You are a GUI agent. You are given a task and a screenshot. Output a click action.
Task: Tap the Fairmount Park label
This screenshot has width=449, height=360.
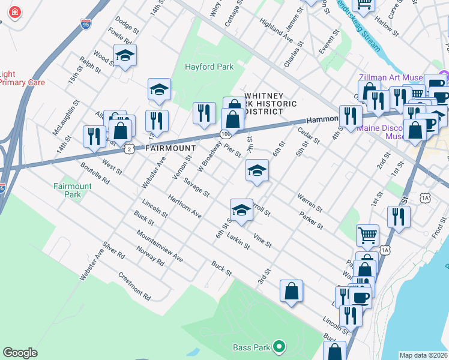(x=72, y=190)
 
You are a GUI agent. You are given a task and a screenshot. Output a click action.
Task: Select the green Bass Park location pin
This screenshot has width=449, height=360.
(x=278, y=346)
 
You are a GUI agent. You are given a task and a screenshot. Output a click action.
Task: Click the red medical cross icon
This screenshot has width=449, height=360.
(x=13, y=12)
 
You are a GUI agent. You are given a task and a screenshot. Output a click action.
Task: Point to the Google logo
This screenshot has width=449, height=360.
(x=20, y=353)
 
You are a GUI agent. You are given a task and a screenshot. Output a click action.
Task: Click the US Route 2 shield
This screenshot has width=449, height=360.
(x=129, y=148)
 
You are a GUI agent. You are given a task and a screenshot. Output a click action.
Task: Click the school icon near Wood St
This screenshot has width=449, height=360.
(x=125, y=56)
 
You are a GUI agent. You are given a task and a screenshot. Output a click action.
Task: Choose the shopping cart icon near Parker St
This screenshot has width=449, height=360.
(x=367, y=235)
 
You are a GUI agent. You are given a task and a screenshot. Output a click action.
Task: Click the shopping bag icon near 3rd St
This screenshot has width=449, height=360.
(x=291, y=292)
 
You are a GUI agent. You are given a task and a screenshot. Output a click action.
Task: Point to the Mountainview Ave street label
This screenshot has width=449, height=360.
(x=159, y=246)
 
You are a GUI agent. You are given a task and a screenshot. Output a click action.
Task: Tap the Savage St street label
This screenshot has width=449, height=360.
(x=196, y=189)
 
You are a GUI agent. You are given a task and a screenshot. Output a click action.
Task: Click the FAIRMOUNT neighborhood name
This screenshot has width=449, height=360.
(x=170, y=148)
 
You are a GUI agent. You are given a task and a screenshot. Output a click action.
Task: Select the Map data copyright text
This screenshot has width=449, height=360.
(x=423, y=355)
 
